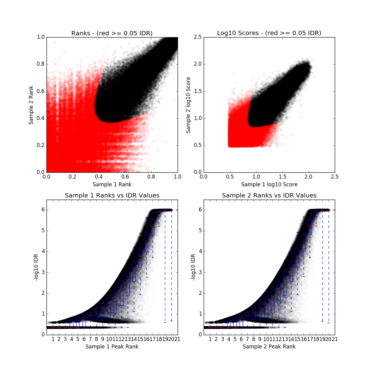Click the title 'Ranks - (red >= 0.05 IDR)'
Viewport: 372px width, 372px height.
click(x=112, y=33)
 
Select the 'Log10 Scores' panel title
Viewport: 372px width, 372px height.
click(x=269, y=33)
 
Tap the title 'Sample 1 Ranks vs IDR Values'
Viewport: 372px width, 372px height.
click(x=112, y=196)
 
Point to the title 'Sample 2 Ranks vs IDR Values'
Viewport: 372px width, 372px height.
click(x=269, y=196)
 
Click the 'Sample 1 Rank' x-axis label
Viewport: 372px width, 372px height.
click(x=112, y=184)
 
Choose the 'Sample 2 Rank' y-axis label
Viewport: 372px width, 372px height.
click(x=31, y=105)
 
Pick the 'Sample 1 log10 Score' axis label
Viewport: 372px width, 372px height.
click(x=269, y=184)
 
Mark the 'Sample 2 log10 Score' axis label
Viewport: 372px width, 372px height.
click(x=188, y=105)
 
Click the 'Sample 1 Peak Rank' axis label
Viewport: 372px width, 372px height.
click(x=112, y=347)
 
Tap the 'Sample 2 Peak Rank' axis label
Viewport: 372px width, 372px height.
click(x=269, y=347)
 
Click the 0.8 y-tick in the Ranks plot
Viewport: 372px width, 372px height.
click(x=40, y=64)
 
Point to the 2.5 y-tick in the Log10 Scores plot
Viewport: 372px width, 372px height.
click(x=197, y=37)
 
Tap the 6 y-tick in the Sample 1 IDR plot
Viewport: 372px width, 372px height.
click(x=43, y=210)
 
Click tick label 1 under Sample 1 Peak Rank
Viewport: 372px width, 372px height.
click(x=53, y=339)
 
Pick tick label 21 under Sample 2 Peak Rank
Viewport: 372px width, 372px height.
click(x=335, y=339)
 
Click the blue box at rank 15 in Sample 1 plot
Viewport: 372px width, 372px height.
click(x=140, y=258)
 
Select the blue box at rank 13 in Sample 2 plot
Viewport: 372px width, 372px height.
click(x=285, y=284)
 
